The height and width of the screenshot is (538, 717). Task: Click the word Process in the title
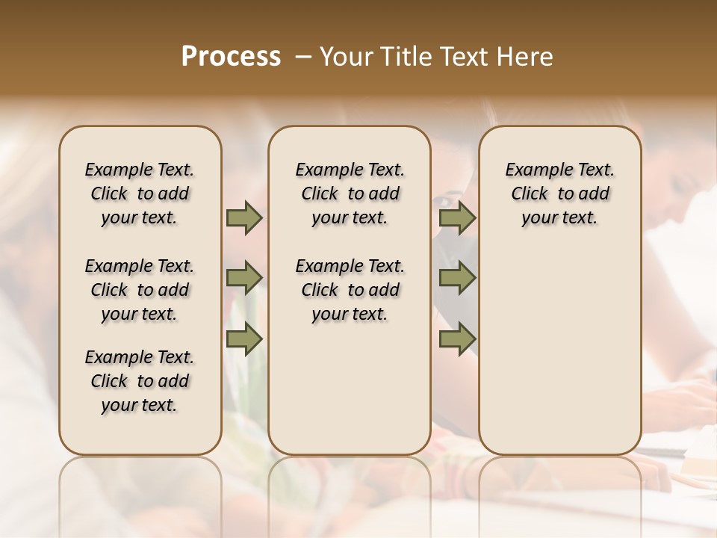tap(231, 56)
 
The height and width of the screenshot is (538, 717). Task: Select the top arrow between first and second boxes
tap(244, 217)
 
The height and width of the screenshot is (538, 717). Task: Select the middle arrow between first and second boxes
tap(244, 278)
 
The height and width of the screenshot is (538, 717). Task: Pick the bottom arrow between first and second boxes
tap(244, 338)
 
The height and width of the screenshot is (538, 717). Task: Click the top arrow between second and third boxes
tap(457, 217)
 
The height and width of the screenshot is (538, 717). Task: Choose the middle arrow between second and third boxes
tap(457, 278)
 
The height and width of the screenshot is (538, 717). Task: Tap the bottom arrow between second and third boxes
tap(457, 338)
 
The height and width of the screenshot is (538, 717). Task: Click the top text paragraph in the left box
tap(140, 194)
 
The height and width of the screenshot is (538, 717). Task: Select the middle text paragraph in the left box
tap(140, 290)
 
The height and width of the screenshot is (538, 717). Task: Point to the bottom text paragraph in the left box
tap(140, 381)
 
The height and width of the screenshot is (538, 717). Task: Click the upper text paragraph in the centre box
tap(350, 194)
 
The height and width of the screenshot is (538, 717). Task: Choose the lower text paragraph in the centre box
tap(350, 290)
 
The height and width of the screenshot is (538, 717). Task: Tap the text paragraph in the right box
tap(559, 194)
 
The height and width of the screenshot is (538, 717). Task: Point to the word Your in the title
tap(345, 56)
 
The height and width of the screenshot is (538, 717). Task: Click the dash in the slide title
tap(303, 56)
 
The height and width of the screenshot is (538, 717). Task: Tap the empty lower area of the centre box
tap(350, 389)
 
